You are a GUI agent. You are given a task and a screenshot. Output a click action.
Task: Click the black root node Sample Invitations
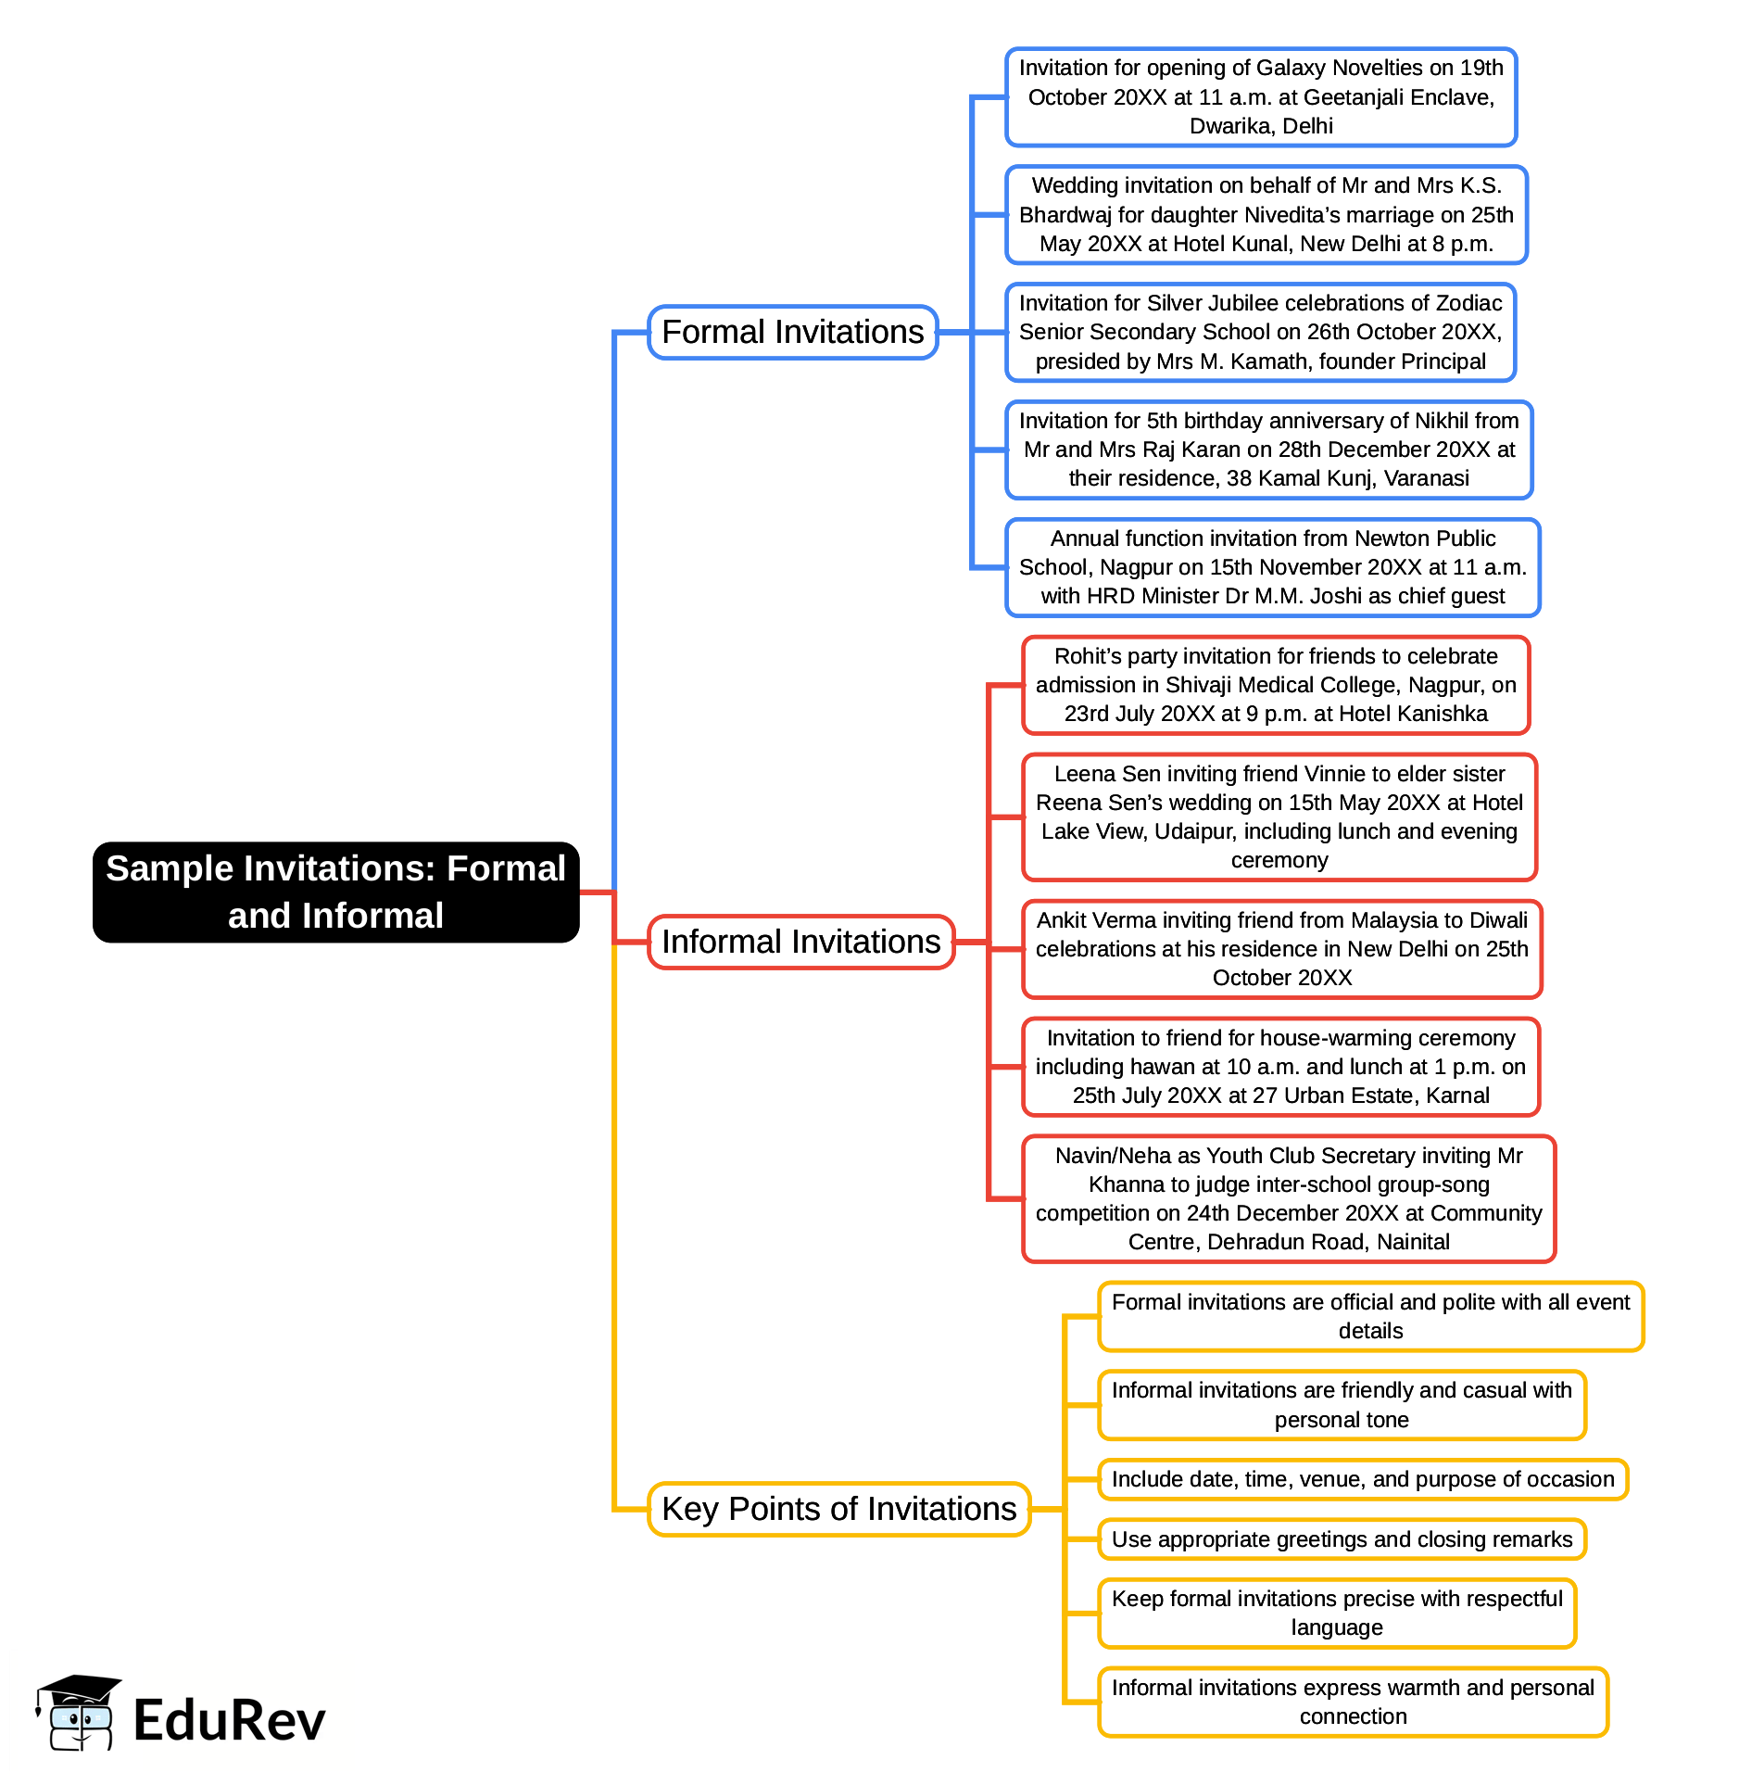[x=335, y=892]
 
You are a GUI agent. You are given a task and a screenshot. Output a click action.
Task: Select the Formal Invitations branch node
[x=792, y=332]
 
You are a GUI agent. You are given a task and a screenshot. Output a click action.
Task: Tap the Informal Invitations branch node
[x=800, y=942]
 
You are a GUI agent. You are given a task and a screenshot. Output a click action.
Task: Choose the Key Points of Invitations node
[x=838, y=1509]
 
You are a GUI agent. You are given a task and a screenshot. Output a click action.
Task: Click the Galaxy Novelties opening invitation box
[x=1261, y=97]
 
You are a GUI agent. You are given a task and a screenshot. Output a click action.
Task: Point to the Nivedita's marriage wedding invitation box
[x=1266, y=215]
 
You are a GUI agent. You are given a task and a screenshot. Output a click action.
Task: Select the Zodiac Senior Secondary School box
[x=1260, y=332]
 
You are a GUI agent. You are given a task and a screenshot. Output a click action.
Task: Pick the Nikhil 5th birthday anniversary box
[x=1268, y=449]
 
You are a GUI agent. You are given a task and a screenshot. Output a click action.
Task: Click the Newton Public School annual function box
[x=1272, y=567]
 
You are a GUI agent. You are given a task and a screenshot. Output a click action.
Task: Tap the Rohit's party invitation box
[x=1275, y=685]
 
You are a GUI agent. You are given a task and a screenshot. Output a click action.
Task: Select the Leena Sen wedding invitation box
[x=1279, y=817]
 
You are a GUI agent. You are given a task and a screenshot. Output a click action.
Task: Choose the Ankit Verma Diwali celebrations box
[x=1281, y=949]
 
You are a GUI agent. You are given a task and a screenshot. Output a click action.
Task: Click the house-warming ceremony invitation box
[x=1280, y=1067]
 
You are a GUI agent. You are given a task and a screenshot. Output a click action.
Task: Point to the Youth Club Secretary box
[x=1288, y=1198]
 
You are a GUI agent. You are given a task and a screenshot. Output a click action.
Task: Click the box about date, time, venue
[x=1362, y=1479]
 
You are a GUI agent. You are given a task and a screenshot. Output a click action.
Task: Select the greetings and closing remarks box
[x=1342, y=1539]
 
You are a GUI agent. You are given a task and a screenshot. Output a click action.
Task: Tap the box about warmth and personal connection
[x=1353, y=1702]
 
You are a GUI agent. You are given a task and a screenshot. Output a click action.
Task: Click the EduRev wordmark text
[x=229, y=1721]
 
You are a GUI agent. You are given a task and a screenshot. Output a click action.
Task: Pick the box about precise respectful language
[x=1336, y=1613]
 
